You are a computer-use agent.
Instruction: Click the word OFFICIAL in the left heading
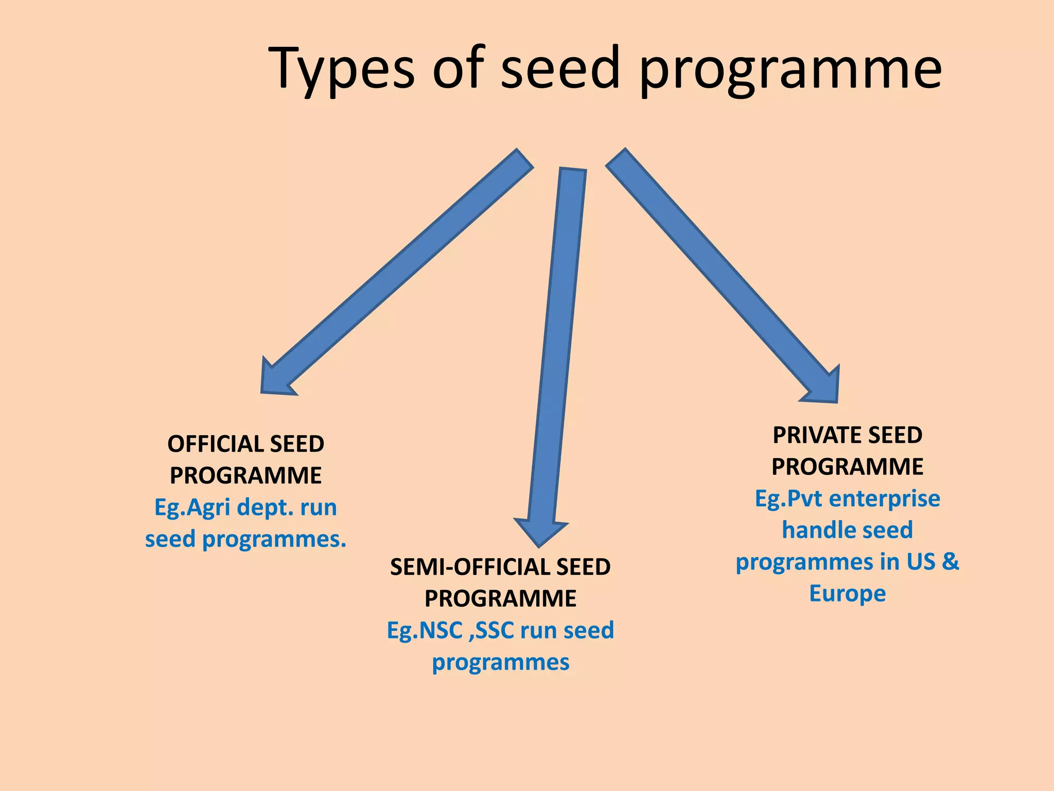[x=215, y=444]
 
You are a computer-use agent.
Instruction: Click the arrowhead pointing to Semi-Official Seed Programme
[x=540, y=533]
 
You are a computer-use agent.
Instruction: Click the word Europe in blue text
[x=847, y=593]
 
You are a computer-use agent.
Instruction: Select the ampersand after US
[x=950, y=561]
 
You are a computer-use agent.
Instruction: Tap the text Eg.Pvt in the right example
[x=788, y=498]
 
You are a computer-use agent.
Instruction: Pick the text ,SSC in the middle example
[x=491, y=630]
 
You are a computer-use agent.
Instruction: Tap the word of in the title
[x=458, y=70]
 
